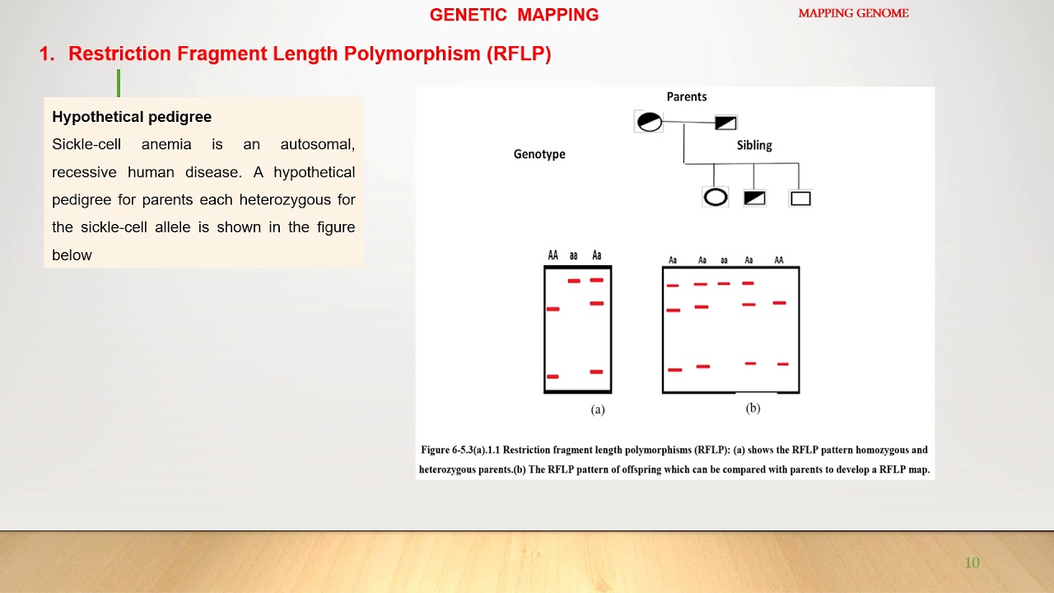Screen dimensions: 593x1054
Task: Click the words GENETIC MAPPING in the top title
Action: [x=514, y=15]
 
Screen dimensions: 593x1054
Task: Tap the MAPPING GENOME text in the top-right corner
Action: [x=853, y=13]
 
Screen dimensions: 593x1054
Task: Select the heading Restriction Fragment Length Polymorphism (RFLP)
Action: [x=309, y=54]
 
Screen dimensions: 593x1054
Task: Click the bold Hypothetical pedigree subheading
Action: [x=132, y=117]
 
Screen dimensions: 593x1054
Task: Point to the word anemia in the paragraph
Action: [x=166, y=144]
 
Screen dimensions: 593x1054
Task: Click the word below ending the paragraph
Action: [x=72, y=255]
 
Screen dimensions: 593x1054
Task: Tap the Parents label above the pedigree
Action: [x=686, y=96]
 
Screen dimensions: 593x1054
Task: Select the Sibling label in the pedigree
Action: [x=753, y=145]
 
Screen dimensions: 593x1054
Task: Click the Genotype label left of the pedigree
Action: [x=539, y=154]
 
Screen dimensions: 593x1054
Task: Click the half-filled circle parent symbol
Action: [x=649, y=122]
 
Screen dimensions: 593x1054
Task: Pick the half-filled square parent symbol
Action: [x=725, y=123]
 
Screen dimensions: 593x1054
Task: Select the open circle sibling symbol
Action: [x=715, y=198]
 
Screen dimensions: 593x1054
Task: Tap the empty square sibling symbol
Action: [x=800, y=198]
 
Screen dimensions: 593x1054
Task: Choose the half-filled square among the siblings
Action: [x=754, y=198]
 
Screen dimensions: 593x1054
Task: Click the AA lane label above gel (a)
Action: [x=553, y=255]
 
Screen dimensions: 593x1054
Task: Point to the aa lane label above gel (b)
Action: [x=724, y=260]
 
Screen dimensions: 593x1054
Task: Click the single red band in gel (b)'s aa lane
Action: [x=724, y=283]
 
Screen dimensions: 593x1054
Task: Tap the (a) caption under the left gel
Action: [x=598, y=409]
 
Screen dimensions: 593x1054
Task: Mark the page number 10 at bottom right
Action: [x=972, y=563]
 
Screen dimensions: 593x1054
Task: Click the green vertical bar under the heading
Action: [x=119, y=82]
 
